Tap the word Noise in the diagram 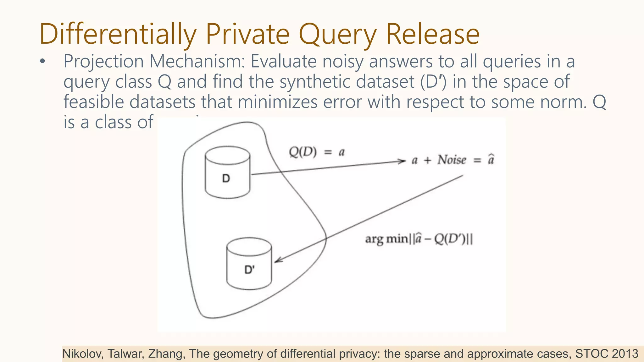(x=452, y=160)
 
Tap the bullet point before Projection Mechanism (x=43, y=62)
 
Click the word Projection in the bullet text (x=103, y=61)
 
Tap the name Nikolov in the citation (x=82, y=354)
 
